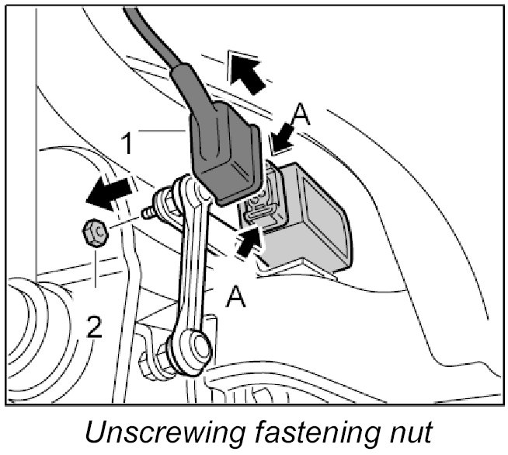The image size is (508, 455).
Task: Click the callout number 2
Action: click(x=93, y=330)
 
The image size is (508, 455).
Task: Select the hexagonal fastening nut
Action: click(x=95, y=231)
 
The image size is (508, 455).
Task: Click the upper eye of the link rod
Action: click(x=186, y=191)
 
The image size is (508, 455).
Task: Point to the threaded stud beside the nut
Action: click(x=146, y=212)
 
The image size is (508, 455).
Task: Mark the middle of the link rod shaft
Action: click(x=195, y=264)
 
